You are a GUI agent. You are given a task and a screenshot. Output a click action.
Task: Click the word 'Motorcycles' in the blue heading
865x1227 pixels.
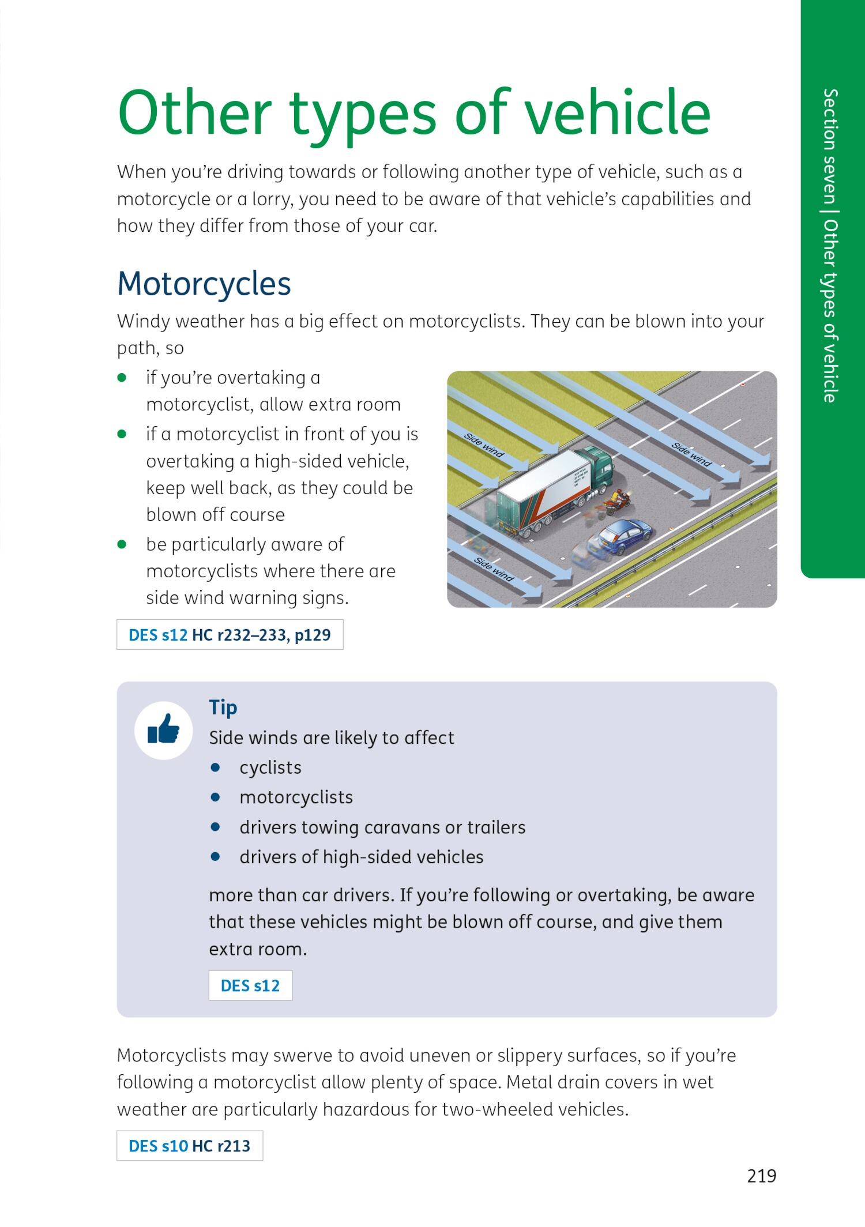pyautogui.click(x=204, y=284)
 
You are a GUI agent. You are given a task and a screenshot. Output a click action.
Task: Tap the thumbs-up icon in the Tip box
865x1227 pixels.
pyautogui.click(x=163, y=730)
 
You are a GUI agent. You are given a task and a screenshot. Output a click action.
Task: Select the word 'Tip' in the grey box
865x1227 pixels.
pyautogui.click(x=223, y=707)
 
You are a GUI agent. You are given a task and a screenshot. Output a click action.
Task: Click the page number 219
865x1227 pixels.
pyautogui.click(x=761, y=1176)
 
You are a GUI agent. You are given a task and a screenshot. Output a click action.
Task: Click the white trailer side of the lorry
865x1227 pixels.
pyautogui.click(x=542, y=490)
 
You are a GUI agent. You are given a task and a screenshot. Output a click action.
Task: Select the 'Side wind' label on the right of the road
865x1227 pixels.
pyautogui.click(x=691, y=454)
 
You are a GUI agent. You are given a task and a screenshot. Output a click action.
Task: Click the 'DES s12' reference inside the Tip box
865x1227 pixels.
pyautogui.click(x=250, y=985)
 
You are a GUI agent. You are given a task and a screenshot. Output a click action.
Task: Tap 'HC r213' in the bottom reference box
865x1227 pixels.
pyautogui.click(x=221, y=1146)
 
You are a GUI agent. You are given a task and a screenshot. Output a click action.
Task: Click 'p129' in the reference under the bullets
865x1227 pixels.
pyautogui.click(x=312, y=635)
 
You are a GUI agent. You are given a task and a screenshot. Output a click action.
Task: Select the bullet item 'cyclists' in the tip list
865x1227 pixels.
pyautogui.click(x=270, y=767)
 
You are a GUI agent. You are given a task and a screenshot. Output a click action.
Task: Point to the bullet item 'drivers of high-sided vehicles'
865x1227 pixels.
pyautogui.click(x=361, y=857)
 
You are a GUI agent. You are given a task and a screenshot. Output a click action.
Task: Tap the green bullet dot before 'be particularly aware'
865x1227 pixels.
pyautogui.click(x=122, y=544)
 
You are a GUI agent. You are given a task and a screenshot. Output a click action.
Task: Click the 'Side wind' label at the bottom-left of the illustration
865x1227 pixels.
pyautogui.click(x=494, y=570)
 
